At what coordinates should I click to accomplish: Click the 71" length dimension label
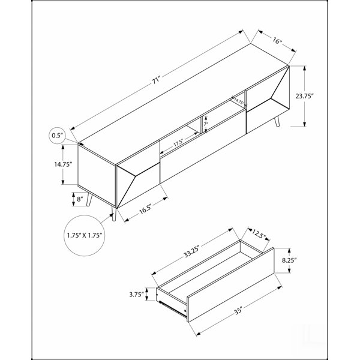coord(155,81)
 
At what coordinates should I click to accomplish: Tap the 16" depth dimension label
coord(277,41)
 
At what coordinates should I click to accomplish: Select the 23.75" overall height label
coord(304,96)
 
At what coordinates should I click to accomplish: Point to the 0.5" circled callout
coord(57,136)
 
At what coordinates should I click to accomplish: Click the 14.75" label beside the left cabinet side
coord(64,164)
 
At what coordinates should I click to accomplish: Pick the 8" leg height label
coord(80,199)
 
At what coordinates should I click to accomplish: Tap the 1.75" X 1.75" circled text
coord(85,235)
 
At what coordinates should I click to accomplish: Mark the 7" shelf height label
coord(206,124)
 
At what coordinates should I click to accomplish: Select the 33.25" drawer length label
coord(192,251)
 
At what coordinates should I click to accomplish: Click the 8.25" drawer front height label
coord(289,260)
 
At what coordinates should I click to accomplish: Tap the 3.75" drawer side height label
coord(136,295)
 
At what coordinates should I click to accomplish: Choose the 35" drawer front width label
coord(238,311)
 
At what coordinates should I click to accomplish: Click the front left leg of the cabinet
coord(114,214)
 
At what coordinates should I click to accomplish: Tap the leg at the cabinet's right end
coord(277,121)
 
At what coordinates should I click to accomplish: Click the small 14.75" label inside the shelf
coord(238,101)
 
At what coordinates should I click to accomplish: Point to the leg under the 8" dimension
coord(89,200)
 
